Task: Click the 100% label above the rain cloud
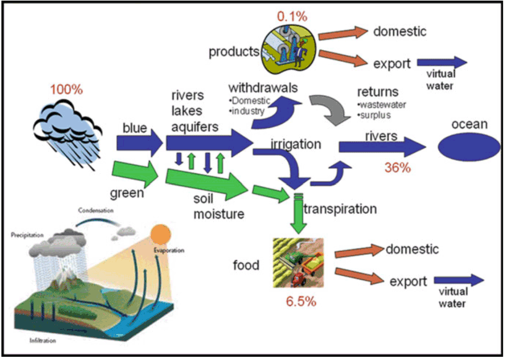pos(66,89)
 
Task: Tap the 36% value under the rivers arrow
pos(398,168)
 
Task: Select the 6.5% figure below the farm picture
pos(301,301)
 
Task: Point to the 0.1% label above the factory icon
pos(292,17)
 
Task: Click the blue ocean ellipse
pos(469,147)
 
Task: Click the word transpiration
pos(340,209)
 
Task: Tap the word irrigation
pos(296,144)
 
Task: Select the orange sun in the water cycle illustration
pos(160,234)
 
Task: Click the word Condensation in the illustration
pos(96,210)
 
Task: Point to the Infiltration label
pos(43,341)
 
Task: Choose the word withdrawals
pos(263,88)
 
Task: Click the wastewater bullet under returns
pos(382,105)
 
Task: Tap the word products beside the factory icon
pos(234,52)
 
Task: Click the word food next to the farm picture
pos(246,265)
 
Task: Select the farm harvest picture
pos(298,263)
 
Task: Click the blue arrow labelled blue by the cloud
pos(140,143)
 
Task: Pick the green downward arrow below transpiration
pos(299,213)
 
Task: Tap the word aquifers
pos(195,127)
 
